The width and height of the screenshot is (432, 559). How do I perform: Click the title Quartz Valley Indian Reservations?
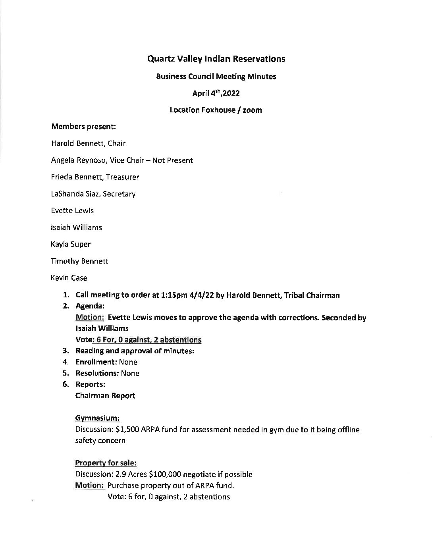216,59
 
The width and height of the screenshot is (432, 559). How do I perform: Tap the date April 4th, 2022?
216,93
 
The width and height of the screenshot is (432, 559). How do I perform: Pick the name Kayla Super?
71,244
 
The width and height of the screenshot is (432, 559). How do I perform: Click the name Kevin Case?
69,278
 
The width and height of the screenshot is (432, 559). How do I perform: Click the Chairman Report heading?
105,396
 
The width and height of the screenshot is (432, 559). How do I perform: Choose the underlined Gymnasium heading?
97,418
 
